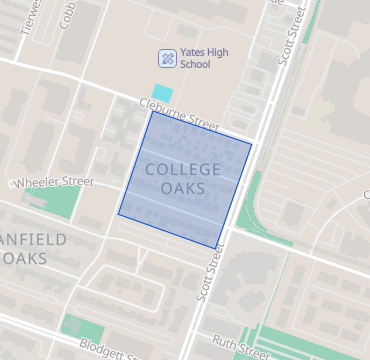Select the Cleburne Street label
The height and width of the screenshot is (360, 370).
tap(179, 113)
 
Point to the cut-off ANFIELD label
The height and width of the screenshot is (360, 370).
tap(34, 239)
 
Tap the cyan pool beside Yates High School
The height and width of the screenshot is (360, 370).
tap(161, 91)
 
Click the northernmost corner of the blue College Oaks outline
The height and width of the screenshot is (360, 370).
tap(153, 110)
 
